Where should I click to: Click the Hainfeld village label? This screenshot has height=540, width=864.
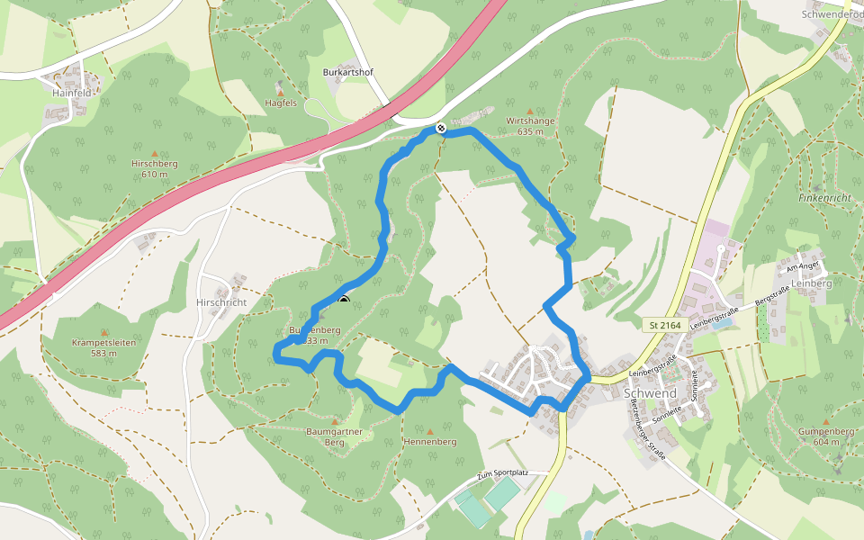71,93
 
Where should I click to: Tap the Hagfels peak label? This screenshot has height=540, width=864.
281,103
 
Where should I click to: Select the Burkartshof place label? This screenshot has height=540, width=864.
347,71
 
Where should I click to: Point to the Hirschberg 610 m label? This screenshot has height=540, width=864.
155,168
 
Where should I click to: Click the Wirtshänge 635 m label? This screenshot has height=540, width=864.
530,125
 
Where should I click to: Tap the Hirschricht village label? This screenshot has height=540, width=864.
221,302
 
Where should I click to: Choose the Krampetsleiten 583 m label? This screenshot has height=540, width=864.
103,347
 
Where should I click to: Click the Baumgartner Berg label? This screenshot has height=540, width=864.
334,436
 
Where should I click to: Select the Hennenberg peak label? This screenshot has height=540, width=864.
430,442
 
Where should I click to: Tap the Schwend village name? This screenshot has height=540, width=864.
649,394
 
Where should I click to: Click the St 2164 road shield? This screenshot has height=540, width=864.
664,324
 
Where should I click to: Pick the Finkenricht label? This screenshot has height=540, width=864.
823,196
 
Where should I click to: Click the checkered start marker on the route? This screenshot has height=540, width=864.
441,128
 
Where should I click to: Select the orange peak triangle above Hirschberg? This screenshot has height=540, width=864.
155,153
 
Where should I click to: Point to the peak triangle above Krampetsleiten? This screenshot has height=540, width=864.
103,332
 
